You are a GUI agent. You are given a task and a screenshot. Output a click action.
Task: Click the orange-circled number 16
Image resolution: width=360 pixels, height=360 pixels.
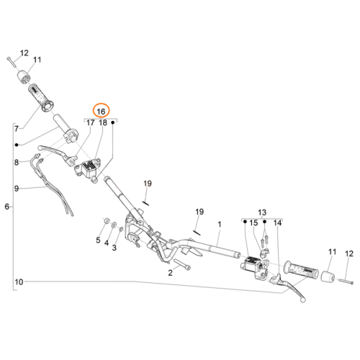pos(101,112)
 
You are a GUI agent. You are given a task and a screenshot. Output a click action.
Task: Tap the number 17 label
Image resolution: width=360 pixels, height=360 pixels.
pos(90,122)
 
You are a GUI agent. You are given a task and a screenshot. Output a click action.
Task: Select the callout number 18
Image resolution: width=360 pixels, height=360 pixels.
pos(103,122)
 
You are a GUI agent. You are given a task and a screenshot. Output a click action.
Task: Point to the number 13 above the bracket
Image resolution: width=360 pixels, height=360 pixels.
pos(262,212)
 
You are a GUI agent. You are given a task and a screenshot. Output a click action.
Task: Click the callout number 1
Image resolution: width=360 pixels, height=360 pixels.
pos(220,225)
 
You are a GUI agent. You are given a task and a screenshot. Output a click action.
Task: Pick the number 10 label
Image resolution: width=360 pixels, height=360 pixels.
pos(19,282)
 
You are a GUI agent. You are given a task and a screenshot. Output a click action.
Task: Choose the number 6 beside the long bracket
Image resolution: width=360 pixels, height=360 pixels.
pos(7,207)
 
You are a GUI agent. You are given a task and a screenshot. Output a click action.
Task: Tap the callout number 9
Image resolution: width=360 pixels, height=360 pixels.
pos(17,189)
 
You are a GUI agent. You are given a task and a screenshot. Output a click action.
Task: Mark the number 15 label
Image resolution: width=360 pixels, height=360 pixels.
pos(253,223)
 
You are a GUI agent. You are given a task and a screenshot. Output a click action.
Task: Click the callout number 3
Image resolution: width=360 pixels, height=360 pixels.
pos(114,248)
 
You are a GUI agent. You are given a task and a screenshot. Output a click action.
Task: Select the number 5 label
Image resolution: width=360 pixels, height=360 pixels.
pos(98,240)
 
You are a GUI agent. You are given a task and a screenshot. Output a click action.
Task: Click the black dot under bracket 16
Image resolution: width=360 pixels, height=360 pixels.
pos(112,122)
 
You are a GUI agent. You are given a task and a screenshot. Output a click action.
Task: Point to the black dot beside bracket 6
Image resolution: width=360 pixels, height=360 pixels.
pos(17,145)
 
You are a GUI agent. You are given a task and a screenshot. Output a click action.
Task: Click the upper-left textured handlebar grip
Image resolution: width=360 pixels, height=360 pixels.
pos(41,98)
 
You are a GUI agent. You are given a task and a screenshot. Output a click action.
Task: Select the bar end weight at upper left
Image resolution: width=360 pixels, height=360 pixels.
pos(24,77)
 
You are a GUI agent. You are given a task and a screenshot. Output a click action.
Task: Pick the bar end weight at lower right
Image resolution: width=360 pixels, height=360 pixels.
pos(328,276)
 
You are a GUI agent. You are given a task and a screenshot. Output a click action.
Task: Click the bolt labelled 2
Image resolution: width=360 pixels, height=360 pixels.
pos(182,264)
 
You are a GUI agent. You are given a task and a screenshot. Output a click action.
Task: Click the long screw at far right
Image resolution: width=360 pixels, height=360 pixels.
pos(346,282)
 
